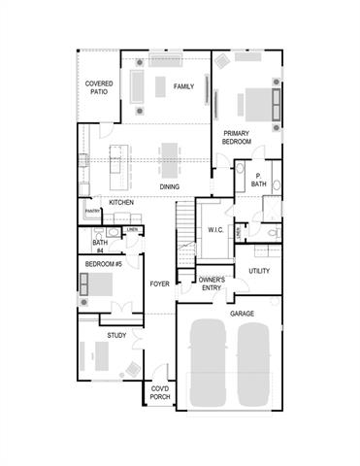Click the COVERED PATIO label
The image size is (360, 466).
[x=98, y=88]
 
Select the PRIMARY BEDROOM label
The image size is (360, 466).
[x=237, y=137]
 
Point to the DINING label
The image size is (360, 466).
[x=171, y=186]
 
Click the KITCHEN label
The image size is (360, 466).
[x=121, y=202]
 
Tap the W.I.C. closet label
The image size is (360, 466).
[x=215, y=230]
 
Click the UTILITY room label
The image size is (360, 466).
[x=259, y=271]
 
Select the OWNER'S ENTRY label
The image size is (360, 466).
[x=212, y=283]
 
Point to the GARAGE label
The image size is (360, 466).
[x=242, y=314]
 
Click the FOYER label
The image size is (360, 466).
[x=159, y=283]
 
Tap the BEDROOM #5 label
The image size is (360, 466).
[x=104, y=264]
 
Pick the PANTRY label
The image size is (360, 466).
[x=92, y=210]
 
